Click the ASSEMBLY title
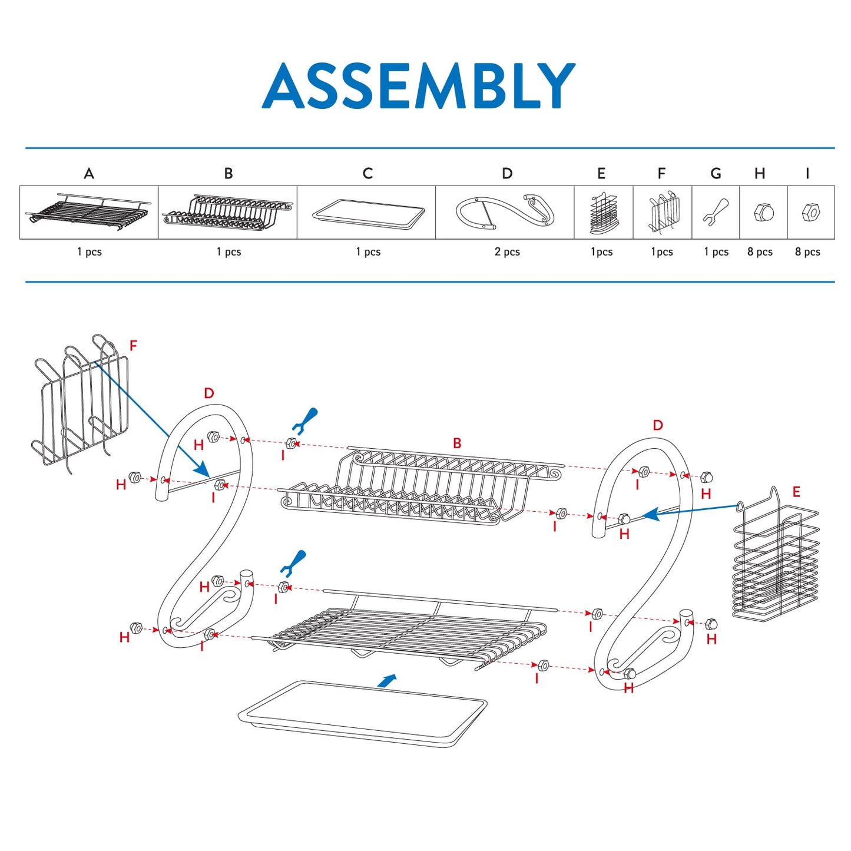pos(418,87)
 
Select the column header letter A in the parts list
pos(89,173)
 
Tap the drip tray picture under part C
pos(368,213)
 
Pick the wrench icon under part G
pos(716,212)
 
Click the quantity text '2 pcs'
pos(507,251)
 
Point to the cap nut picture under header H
pos(763,212)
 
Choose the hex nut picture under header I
pos(811,212)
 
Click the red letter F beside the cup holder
pos(133,346)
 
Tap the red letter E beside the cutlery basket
pos(796,492)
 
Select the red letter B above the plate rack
pos(457,443)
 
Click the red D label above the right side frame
pos(658,425)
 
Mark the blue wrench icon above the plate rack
pos(305,420)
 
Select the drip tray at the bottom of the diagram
pos(362,713)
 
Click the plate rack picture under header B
pos(227,212)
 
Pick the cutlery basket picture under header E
pos(603,213)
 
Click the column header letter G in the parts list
pos(716,173)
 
